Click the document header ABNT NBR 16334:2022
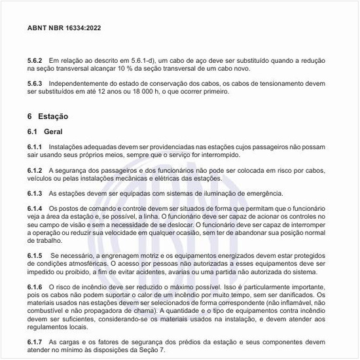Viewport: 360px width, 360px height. coord(64,29)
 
